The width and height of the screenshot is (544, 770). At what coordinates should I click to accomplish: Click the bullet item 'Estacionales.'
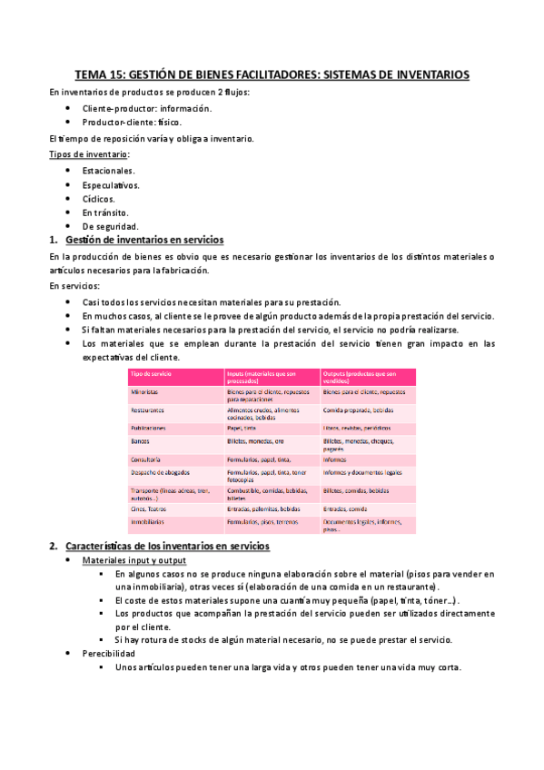click(108, 170)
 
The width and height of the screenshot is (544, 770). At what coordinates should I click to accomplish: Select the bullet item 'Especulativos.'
click(111, 184)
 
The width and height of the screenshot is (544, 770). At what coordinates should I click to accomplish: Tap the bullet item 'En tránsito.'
click(106, 212)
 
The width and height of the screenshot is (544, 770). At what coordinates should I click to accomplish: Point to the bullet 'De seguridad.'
click(110, 225)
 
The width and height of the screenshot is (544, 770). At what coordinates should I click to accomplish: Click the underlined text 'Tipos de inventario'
click(89, 154)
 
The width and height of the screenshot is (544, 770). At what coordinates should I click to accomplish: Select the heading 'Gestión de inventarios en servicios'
click(143, 240)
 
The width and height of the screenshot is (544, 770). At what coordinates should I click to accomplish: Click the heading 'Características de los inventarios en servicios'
click(167, 546)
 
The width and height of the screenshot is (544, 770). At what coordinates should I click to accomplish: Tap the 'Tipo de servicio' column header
click(152, 374)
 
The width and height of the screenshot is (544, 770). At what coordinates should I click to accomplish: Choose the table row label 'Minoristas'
click(145, 391)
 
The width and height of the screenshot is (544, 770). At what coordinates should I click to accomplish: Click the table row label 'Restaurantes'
click(149, 410)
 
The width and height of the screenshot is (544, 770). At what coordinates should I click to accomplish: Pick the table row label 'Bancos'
click(141, 440)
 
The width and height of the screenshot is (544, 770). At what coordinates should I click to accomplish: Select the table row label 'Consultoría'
click(147, 459)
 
